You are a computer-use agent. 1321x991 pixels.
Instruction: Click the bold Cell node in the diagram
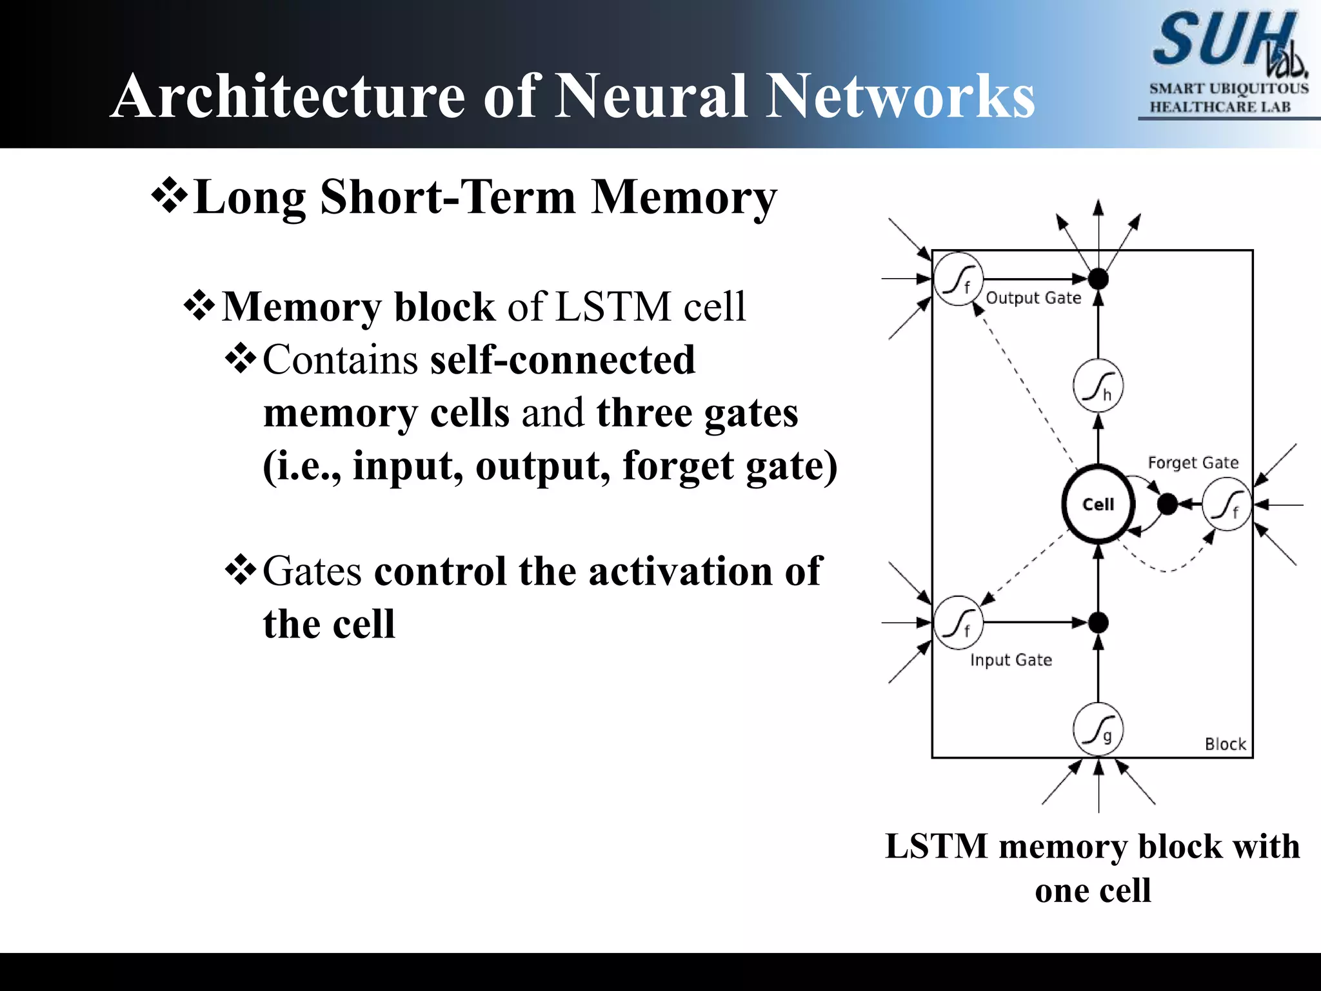click(x=1098, y=504)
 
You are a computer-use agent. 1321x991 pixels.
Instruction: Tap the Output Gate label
click(x=1033, y=298)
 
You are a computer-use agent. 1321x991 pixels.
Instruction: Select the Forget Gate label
click(x=1193, y=463)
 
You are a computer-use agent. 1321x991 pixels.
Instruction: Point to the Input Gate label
click(x=1011, y=660)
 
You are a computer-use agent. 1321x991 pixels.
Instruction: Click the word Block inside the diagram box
click(x=1225, y=744)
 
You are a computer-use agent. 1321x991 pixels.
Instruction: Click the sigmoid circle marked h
click(x=1098, y=386)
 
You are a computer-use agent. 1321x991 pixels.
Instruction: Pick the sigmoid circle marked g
click(x=1098, y=729)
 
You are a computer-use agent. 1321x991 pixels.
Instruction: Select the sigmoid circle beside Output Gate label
click(x=958, y=279)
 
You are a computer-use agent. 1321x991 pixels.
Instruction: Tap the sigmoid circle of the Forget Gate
click(x=1226, y=504)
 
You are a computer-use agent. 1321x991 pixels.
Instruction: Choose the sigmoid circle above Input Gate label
click(x=958, y=622)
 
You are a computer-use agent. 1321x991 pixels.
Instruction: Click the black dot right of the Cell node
click(x=1167, y=504)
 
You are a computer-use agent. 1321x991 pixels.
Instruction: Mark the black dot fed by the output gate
click(x=1098, y=279)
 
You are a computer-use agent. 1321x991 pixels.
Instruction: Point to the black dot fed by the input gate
click(x=1098, y=622)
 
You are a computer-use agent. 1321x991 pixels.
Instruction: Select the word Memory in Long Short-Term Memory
click(x=684, y=197)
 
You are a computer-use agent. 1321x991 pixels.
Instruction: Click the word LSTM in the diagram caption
click(x=937, y=846)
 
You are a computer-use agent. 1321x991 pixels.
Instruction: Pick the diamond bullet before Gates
click(x=241, y=570)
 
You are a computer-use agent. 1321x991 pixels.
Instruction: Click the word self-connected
click(x=562, y=359)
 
